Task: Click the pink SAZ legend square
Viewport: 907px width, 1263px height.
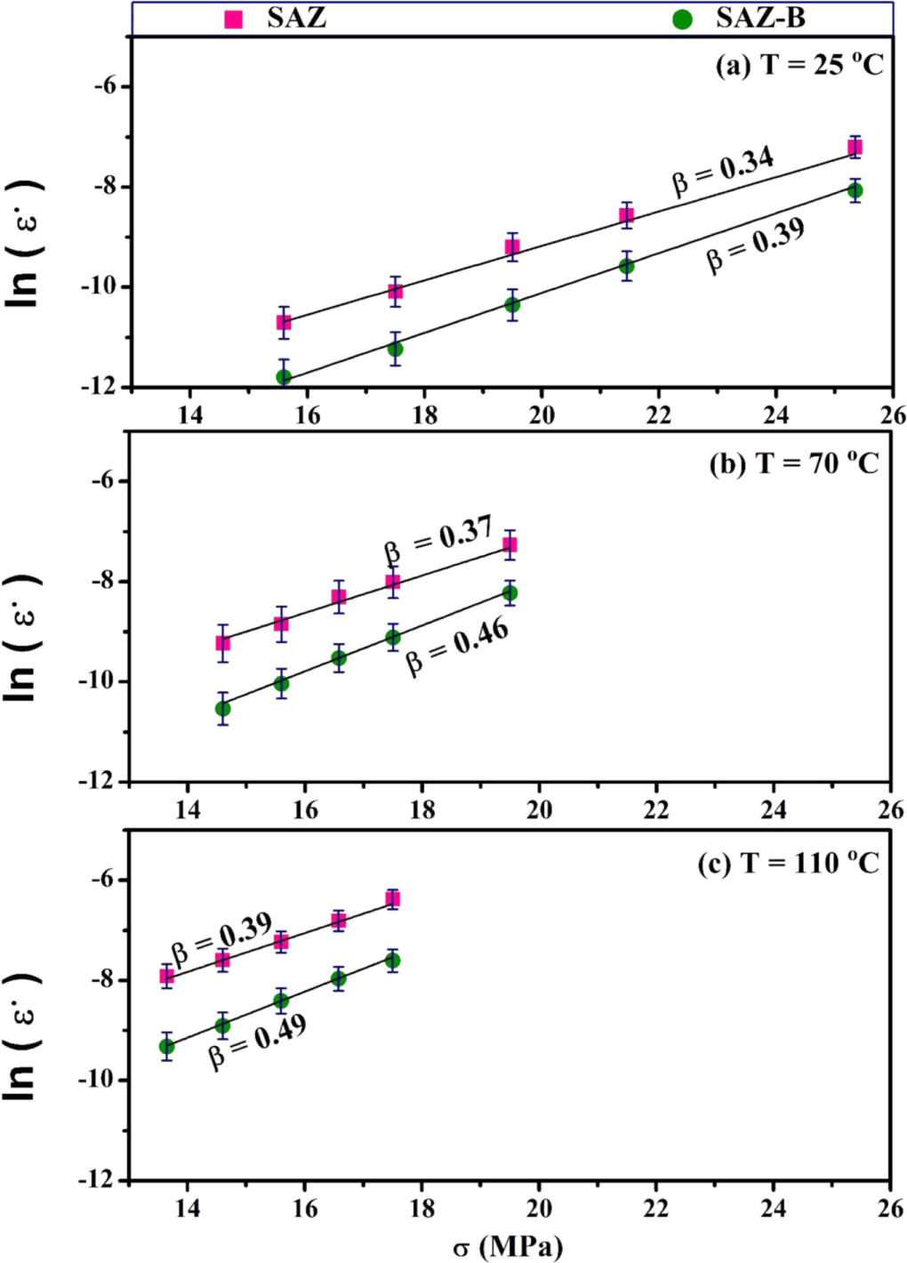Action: point(234,19)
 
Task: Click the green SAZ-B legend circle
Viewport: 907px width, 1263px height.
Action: point(682,19)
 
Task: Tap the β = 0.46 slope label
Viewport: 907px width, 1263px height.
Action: point(457,647)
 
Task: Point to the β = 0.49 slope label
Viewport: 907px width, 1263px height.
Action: point(257,1041)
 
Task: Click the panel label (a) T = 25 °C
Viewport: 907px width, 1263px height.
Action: point(799,65)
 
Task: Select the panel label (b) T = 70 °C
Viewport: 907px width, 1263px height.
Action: point(793,463)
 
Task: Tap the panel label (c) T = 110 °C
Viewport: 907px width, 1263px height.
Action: point(788,863)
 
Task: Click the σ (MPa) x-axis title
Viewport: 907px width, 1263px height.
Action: point(508,1247)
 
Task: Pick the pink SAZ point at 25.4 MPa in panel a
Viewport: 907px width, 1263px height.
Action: point(855,147)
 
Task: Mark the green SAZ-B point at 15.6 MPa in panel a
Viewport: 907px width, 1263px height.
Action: point(284,377)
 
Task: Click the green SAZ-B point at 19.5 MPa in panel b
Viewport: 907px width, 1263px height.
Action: point(510,593)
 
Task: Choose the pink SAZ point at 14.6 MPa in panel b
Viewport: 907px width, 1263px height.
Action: point(223,643)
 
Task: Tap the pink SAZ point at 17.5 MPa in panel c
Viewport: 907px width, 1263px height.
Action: point(392,899)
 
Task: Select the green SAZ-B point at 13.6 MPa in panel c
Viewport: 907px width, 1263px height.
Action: point(166,1047)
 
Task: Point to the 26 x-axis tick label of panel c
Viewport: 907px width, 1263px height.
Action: point(890,1209)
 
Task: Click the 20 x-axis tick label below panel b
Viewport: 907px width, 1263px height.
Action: point(539,809)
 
